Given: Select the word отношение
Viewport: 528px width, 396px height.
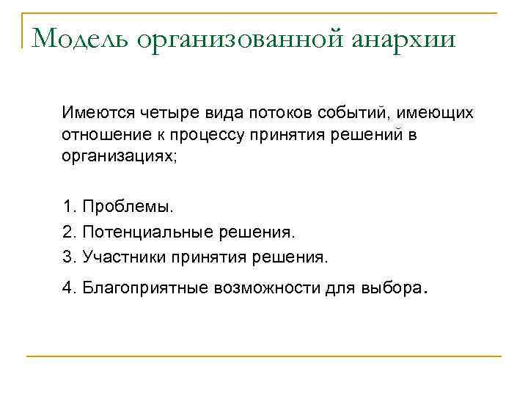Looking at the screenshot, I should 100,136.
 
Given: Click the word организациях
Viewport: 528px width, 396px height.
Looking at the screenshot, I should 118,157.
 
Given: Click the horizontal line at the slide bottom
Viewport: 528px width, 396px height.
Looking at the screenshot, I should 264,356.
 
